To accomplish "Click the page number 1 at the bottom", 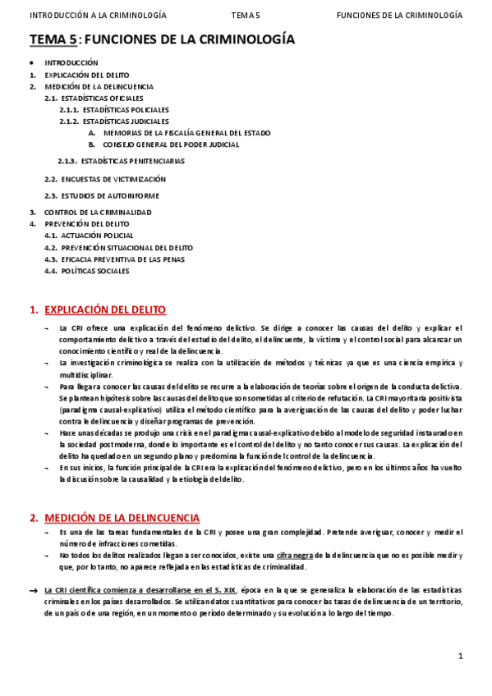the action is tap(461, 655).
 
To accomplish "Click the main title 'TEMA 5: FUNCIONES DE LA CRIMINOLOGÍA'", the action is tap(163, 39).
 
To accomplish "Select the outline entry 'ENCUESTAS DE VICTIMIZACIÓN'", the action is tap(113, 179).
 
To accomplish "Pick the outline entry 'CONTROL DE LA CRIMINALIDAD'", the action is tap(98, 212).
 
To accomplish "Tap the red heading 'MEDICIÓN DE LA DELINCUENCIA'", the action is tap(122, 518).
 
